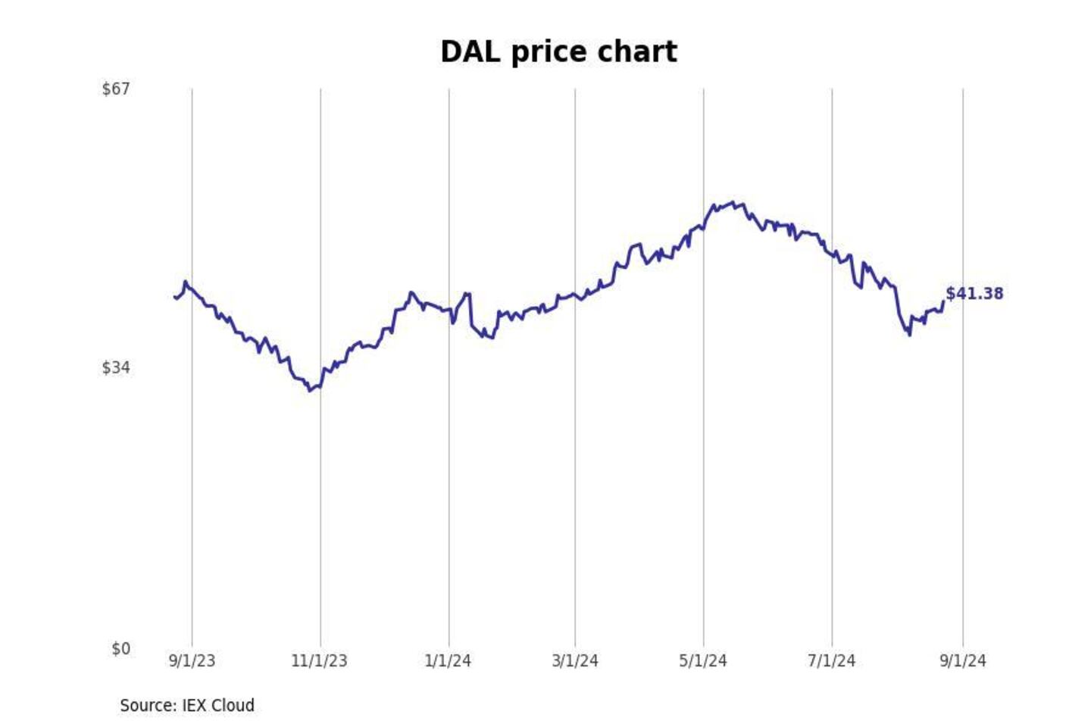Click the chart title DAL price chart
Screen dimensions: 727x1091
[558, 52]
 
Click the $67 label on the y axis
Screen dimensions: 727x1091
[116, 89]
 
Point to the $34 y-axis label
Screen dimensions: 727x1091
[116, 368]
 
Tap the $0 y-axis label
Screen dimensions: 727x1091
[120, 649]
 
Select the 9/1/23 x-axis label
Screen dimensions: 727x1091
[192, 661]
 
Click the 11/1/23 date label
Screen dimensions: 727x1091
[319, 661]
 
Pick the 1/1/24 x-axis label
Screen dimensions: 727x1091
[448, 661]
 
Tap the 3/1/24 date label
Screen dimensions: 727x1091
[575, 661]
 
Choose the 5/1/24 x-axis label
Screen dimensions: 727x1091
[703, 661]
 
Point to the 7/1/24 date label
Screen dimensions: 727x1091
[831, 661]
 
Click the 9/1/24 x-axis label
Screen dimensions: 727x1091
[963, 661]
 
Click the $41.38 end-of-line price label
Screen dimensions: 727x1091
[974, 294]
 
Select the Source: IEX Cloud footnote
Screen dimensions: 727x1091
[187, 706]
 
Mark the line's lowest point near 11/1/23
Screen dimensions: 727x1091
[311, 391]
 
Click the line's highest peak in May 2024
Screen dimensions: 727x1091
[732, 202]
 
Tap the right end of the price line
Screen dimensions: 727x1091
[943, 301]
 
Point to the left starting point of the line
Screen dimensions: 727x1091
[175, 298]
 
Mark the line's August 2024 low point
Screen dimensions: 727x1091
[909, 335]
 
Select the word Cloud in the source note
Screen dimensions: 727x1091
[233, 706]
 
